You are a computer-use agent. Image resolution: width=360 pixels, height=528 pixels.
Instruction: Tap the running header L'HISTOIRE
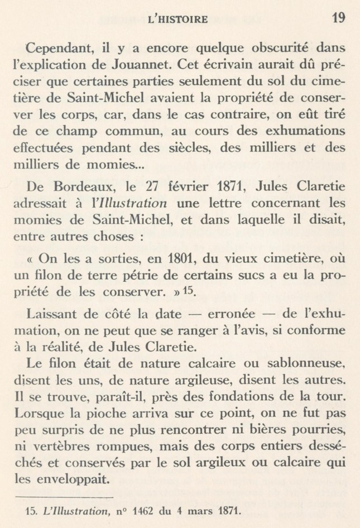tap(175, 21)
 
